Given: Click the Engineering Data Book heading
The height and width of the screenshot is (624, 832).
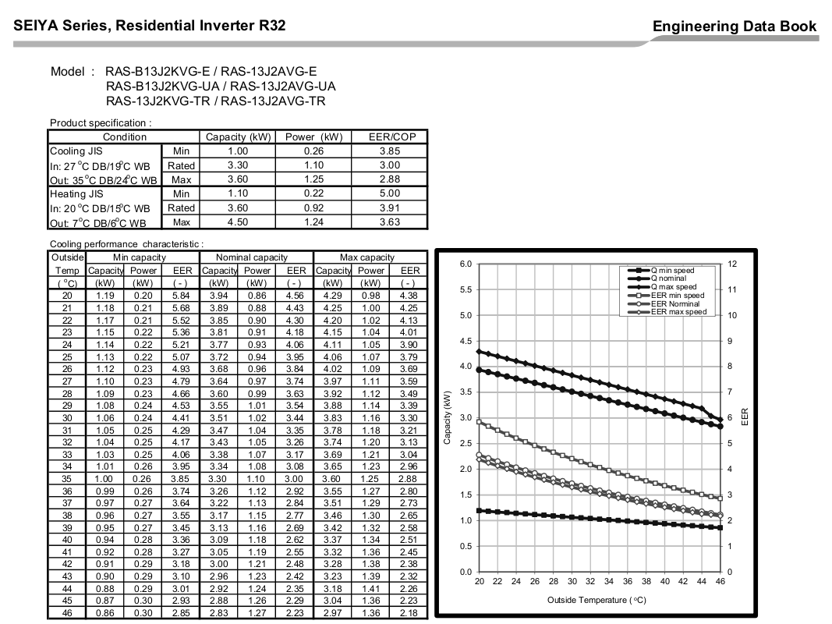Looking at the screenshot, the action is tap(735, 27).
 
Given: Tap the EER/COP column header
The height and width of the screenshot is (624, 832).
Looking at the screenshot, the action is tap(392, 137).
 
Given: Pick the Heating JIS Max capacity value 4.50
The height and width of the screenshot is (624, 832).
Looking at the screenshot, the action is tap(238, 222).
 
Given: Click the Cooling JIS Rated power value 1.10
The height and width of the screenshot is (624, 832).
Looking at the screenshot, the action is tap(313, 165).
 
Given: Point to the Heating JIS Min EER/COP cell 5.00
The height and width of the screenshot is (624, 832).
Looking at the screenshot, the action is tap(389, 193).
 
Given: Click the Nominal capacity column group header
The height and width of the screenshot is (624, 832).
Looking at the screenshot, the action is tap(252, 257).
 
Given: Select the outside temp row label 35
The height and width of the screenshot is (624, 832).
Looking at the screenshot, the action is tap(67, 479).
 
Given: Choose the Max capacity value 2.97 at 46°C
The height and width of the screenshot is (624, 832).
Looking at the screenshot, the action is tap(333, 613).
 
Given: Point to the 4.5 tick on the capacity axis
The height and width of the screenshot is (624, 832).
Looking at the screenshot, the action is tap(465, 341).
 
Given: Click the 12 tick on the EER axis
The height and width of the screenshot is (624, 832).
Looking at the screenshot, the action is tap(732, 264).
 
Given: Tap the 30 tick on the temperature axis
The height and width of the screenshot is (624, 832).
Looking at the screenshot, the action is tap(572, 582).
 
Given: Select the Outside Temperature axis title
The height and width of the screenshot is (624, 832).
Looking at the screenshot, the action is tap(597, 600).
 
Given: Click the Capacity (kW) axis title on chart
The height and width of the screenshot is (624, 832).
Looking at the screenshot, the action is tap(447, 417).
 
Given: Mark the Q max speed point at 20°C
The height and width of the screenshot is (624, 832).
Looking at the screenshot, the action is tap(479, 351).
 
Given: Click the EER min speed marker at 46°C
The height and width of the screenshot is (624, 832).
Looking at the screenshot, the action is tap(720, 498).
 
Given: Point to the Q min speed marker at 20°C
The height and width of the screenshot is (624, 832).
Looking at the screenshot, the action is tap(479, 510).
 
